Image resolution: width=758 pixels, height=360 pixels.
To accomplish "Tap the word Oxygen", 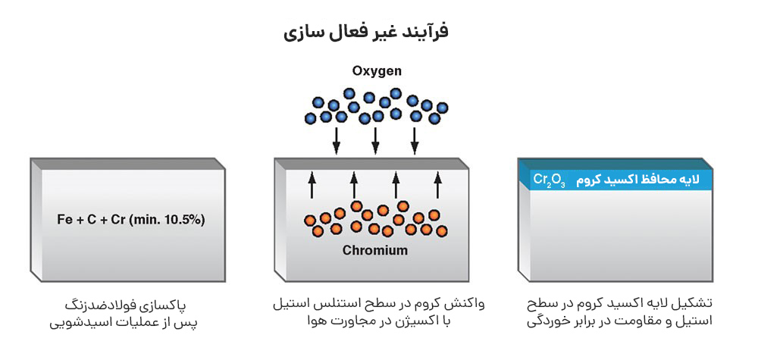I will coord(377,71).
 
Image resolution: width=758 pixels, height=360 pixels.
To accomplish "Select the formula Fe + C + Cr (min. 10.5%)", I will coord(131,220).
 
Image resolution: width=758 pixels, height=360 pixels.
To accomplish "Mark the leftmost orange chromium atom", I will coord(309,221).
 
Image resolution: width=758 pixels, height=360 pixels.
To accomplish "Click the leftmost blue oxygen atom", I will coord(310,118).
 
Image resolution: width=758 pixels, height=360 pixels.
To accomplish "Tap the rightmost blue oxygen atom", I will coord(443,108).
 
